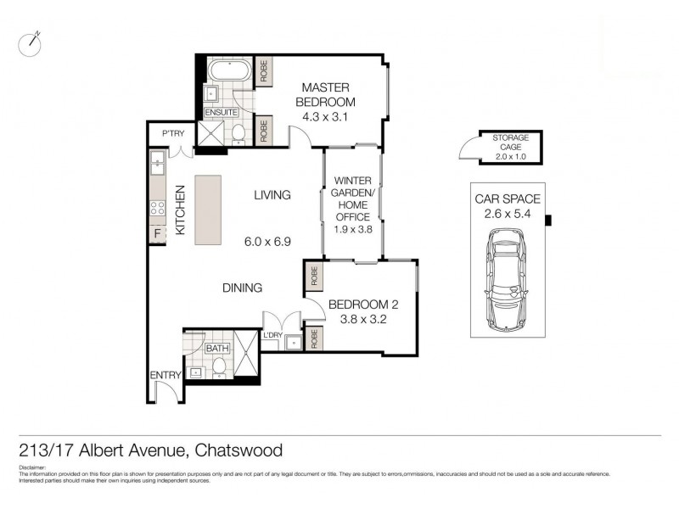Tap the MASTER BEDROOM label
click(325, 95)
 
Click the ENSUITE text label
click(222, 112)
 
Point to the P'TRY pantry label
click(173, 133)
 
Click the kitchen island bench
click(208, 210)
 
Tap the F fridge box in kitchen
click(157, 235)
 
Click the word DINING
click(242, 288)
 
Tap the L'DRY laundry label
click(272, 336)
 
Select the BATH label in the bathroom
click(217, 348)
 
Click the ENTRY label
click(165, 376)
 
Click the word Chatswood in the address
click(239, 450)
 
